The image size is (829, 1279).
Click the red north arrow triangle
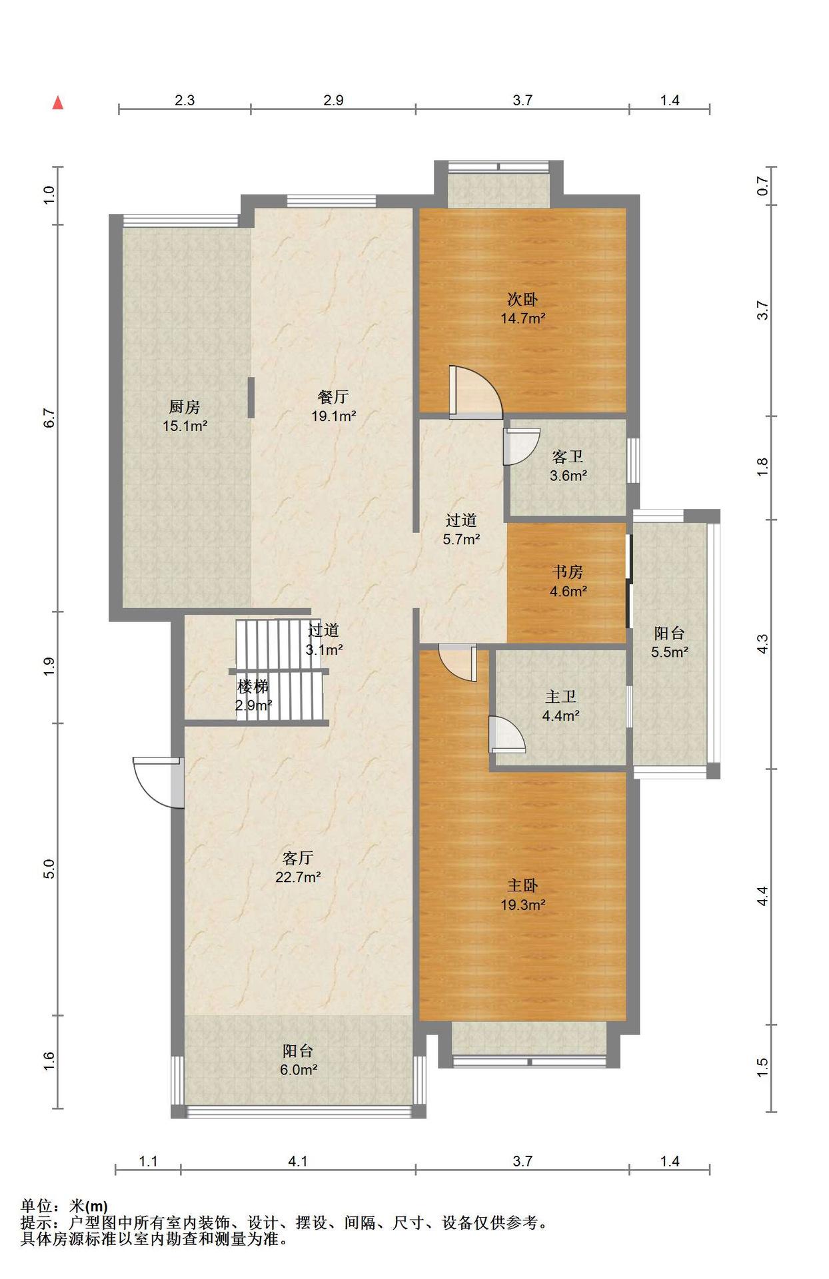58,103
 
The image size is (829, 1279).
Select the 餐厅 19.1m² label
333,406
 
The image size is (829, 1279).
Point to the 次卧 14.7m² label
522,308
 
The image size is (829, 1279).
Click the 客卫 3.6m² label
568,466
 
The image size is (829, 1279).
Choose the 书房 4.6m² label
568,581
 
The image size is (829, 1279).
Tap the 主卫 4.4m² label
560,706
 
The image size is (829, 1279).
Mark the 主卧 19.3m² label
522,895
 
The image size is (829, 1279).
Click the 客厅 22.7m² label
298,867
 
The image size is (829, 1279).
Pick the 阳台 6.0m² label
298,1060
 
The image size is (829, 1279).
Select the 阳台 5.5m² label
669,642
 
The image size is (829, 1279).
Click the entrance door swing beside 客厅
158,783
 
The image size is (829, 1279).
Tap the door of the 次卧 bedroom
475,392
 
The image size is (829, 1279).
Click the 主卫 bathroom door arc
506,733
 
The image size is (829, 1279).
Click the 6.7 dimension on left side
49,418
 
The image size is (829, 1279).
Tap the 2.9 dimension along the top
333,100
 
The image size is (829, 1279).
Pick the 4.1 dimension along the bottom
298,1161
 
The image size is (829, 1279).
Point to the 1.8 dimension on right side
762,467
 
